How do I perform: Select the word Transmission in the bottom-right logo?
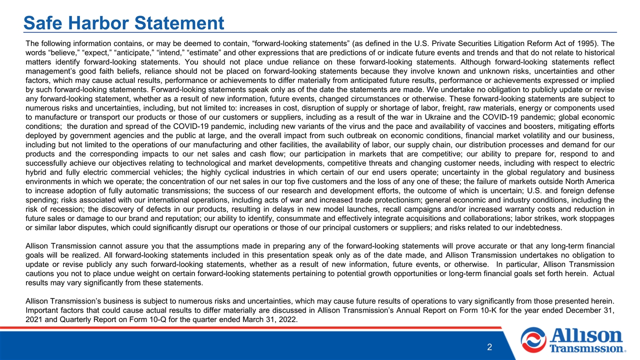pyautogui.click(x=586, y=348)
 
